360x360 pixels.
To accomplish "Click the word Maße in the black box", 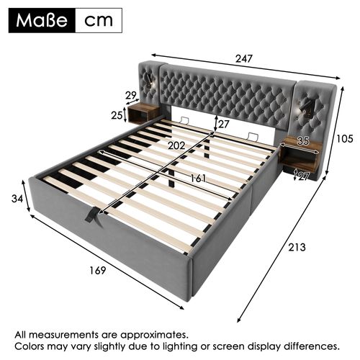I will coord(41,19).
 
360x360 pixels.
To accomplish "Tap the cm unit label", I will coord(99,19).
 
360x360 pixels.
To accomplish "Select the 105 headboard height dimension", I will coord(345,139).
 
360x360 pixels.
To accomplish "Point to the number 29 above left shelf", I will coord(130,95).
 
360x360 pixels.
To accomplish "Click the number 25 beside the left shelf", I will coord(117,115).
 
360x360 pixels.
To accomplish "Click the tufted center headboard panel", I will coord(228,94).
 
